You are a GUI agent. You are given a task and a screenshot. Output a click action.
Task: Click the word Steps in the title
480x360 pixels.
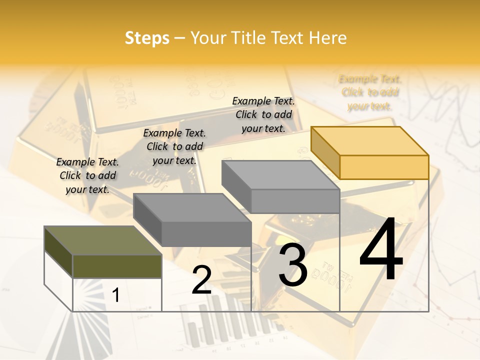pyautogui.click(x=147, y=38)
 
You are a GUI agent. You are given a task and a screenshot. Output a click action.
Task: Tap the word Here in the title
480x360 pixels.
pyautogui.click(x=327, y=38)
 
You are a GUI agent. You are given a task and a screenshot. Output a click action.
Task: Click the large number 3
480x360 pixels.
pyautogui.click(x=293, y=264)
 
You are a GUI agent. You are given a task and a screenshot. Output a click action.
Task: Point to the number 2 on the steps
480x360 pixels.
pyautogui.click(x=201, y=280)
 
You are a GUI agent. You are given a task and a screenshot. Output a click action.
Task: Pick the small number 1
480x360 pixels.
pyautogui.click(x=116, y=295)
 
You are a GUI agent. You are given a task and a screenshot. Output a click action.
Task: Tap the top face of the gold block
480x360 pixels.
pyautogui.click(x=370, y=140)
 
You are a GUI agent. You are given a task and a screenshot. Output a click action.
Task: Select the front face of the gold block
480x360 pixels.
pyautogui.click(x=384, y=167)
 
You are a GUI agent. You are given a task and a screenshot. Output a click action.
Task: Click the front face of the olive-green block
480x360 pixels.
pyautogui.click(x=117, y=266)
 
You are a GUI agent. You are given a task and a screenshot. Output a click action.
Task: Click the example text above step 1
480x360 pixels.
pyautogui.click(x=87, y=175)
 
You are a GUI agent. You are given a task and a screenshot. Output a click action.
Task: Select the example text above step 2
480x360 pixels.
pyautogui.click(x=174, y=146)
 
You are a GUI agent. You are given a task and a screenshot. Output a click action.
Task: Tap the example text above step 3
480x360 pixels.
pyautogui.click(x=263, y=114)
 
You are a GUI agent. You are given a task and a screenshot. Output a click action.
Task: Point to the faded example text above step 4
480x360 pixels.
pyautogui.click(x=370, y=92)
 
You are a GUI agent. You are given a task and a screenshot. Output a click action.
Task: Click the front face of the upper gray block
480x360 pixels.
pyautogui.click(x=295, y=201)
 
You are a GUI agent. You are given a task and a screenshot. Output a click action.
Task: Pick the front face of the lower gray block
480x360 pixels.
pyautogui.click(x=206, y=234)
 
